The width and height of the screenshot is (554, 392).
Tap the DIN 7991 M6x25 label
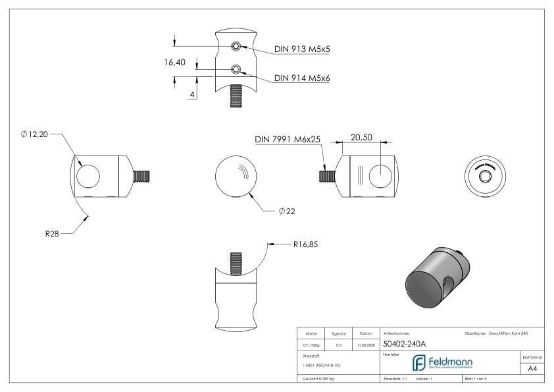click(x=288, y=140)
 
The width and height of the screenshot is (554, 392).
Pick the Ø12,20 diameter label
click(x=35, y=134)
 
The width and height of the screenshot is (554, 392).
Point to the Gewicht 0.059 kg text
click(x=318, y=379)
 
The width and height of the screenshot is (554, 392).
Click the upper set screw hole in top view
click(x=235, y=46)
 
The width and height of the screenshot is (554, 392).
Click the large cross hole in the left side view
click(x=88, y=176)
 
